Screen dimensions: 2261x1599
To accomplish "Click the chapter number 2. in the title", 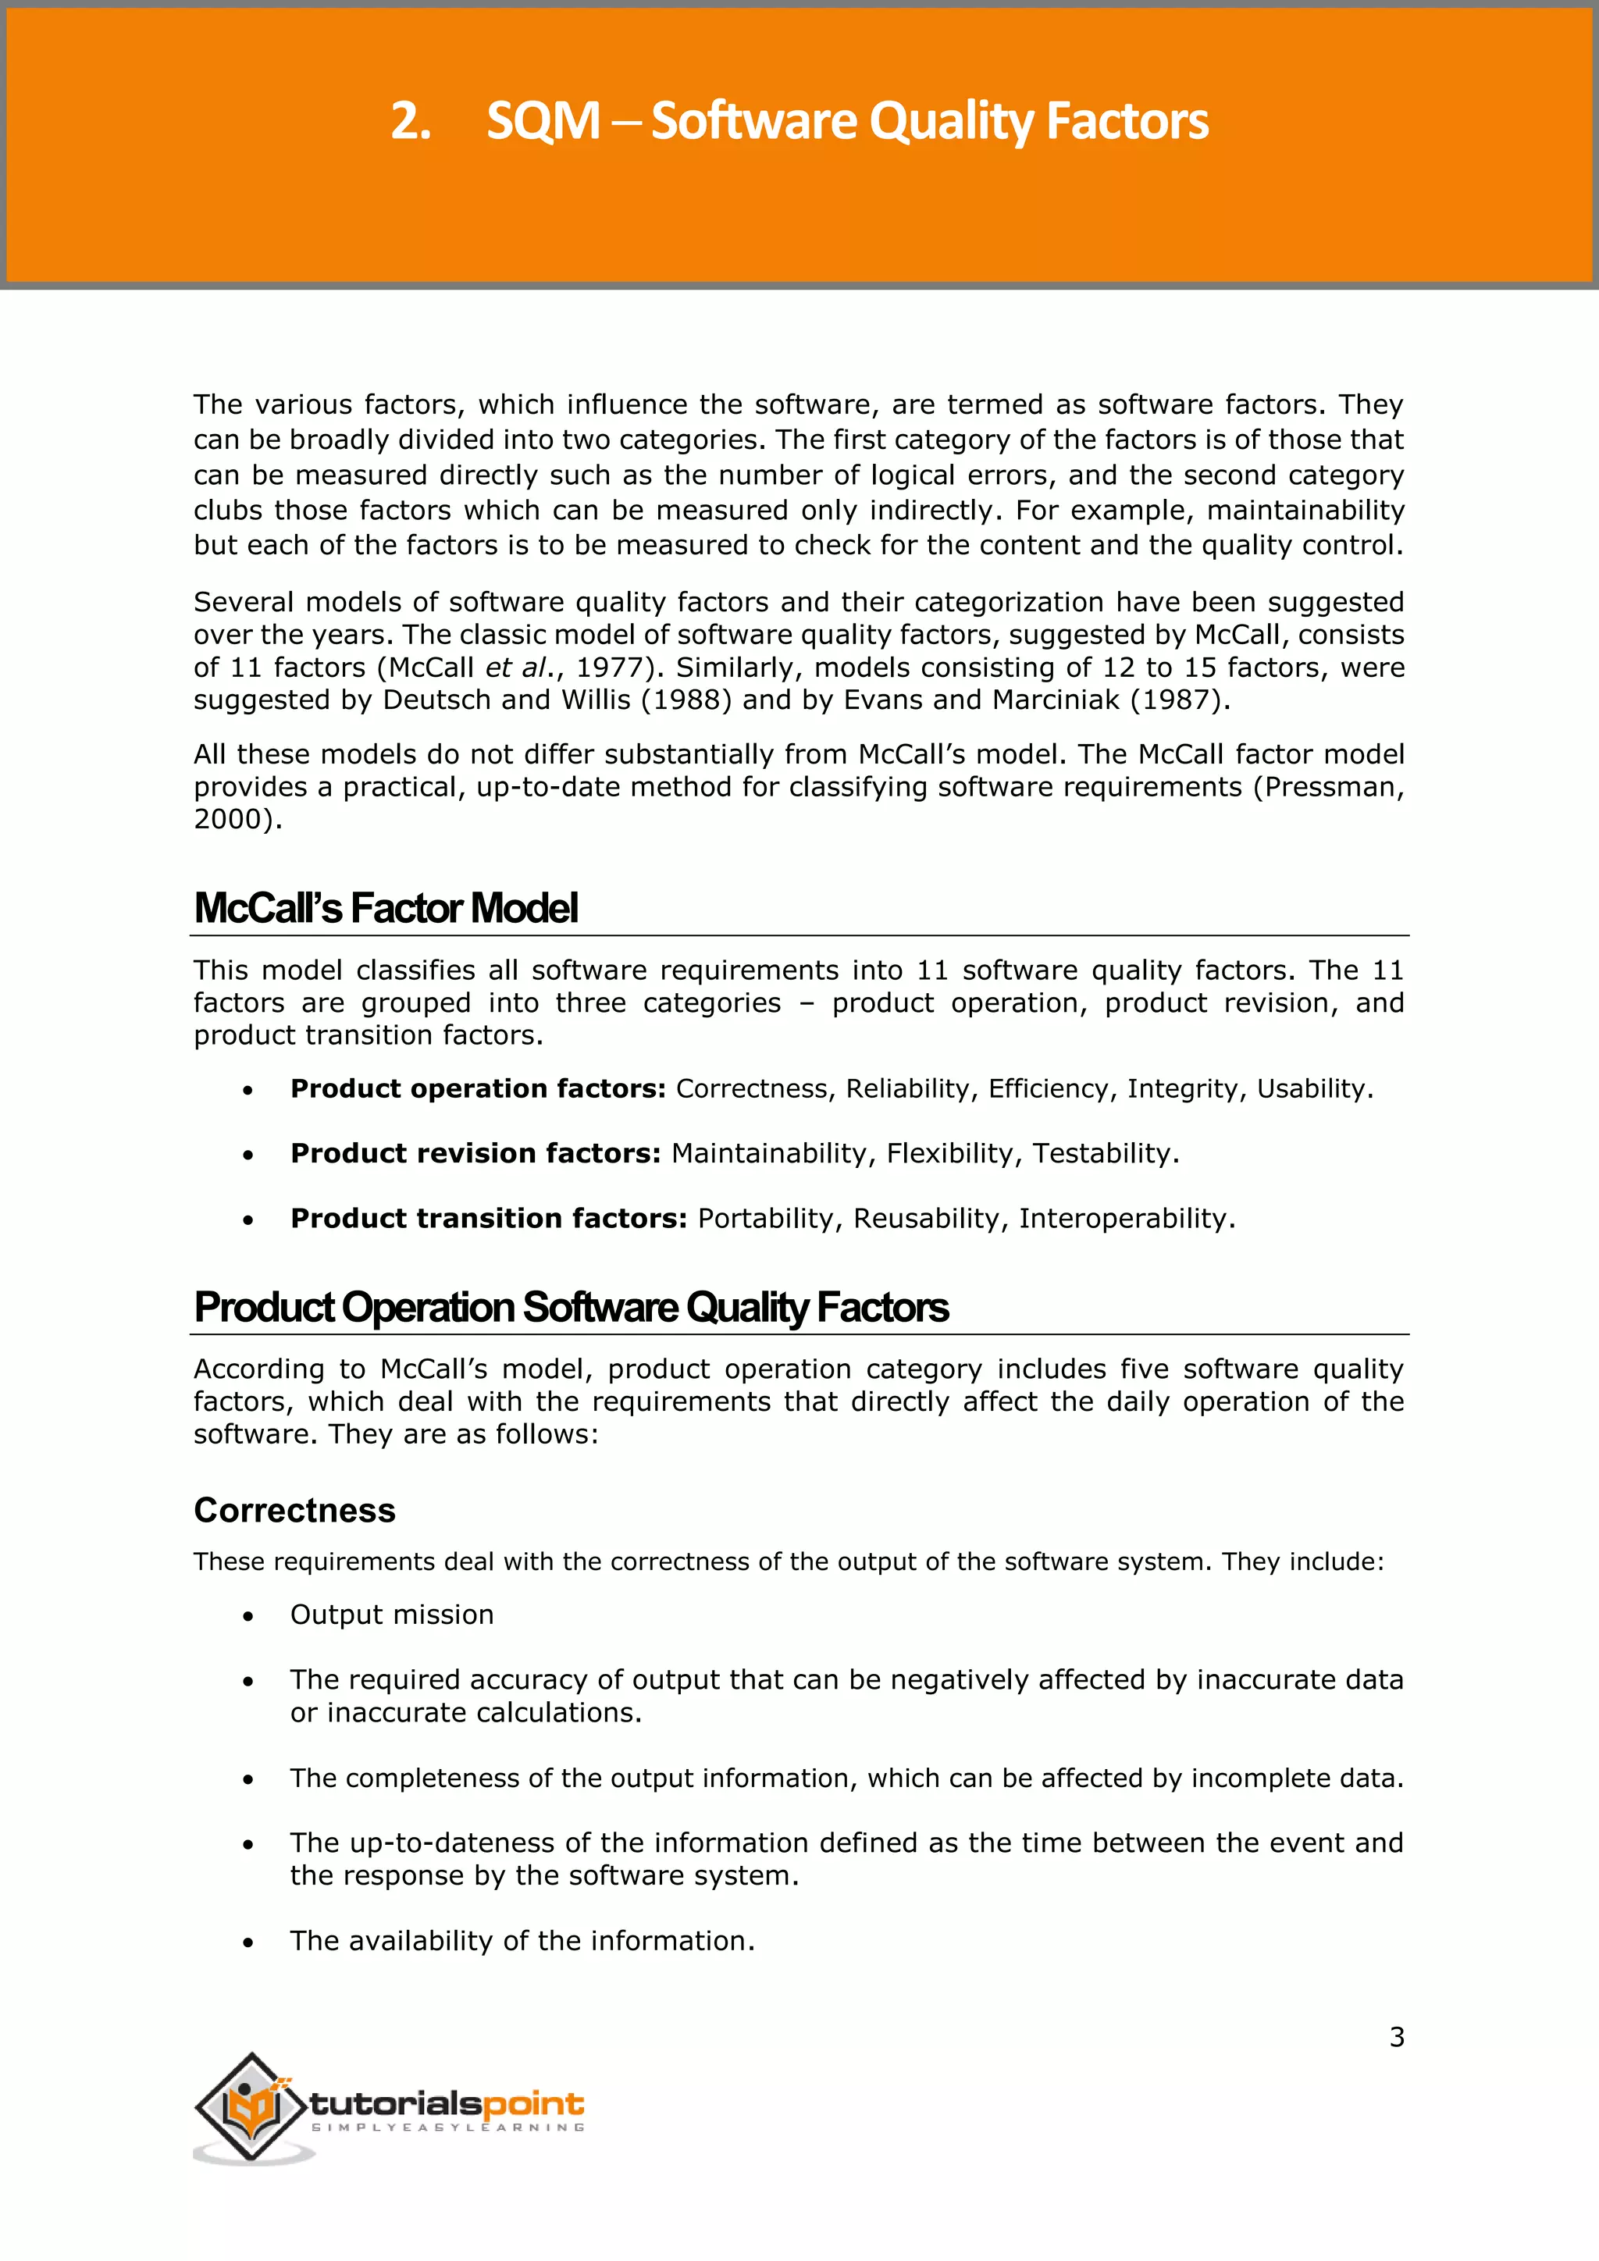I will (x=411, y=122).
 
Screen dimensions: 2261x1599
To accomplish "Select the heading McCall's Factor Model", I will (x=385, y=908).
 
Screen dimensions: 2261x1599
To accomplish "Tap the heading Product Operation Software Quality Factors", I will (x=571, y=1308).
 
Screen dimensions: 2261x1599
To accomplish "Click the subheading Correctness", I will (x=294, y=1510).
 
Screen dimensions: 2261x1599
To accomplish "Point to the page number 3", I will (x=1396, y=2036).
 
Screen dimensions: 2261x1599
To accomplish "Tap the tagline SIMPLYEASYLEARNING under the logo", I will (x=448, y=2127).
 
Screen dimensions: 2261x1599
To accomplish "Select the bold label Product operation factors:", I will (x=478, y=1088).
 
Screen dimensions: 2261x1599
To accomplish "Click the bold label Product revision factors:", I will (x=475, y=1153).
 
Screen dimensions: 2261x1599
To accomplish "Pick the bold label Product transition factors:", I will (x=488, y=1218).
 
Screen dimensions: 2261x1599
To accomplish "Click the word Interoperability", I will (x=1123, y=1218).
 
